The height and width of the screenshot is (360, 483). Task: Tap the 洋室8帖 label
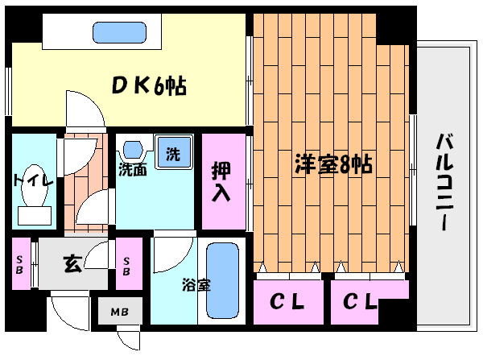(x=332, y=165)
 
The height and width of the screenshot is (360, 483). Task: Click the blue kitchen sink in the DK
(x=118, y=32)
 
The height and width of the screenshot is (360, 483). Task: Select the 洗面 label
(x=132, y=170)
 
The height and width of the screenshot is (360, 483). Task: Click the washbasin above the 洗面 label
(x=133, y=150)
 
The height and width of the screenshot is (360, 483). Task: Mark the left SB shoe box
(x=21, y=263)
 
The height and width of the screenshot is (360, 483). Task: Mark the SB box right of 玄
(x=126, y=263)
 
